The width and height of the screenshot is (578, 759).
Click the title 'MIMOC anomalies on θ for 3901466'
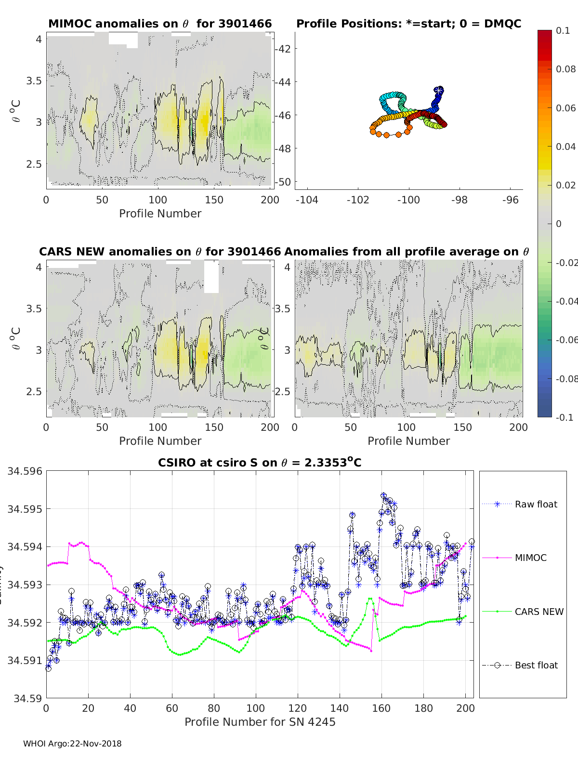click(x=160, y=24)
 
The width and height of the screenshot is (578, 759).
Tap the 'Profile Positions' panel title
click(x=408, y=24)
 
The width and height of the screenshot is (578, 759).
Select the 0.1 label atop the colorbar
click(x=563, y=30)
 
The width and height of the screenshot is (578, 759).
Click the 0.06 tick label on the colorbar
click(x=565, y=108)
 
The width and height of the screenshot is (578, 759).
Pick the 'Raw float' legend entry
click(x=536, y=504)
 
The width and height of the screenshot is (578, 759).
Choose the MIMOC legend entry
click(x=530, y=558)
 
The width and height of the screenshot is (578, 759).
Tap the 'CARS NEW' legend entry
click(x=539, y=612)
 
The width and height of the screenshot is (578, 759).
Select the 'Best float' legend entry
click(x=536, y=665)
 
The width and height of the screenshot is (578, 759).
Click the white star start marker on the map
click(x=438, y=90)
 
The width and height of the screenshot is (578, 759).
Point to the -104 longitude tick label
click(x=307, y=200)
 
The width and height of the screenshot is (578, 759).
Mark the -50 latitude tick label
click(x=283, y=182)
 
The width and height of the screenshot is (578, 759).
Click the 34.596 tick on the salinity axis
click(x=25, y=471)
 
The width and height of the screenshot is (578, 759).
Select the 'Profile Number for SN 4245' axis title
click(x=260, y=722)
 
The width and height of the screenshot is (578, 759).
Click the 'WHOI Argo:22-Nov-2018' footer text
click(x=72, y=744)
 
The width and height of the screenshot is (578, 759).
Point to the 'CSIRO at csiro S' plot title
click(x=260, y=463)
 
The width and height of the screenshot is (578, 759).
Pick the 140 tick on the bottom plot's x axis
click(x=340, y=708)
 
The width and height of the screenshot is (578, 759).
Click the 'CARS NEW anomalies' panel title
click(x=160, y=252)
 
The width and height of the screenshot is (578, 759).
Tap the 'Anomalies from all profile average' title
click(x=407, y=252)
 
